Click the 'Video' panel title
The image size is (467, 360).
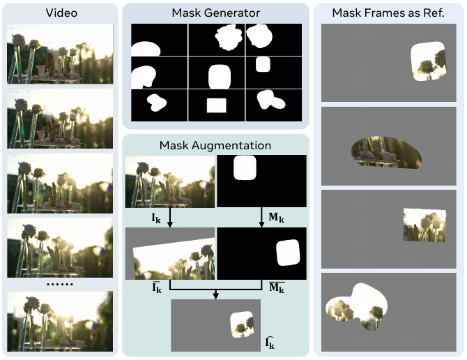pos(61,13)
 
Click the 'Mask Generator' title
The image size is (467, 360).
pos(215,13)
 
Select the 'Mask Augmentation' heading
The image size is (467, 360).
pos(215,145)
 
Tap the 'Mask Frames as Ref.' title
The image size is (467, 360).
pos(388,13)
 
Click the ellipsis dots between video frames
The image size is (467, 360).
pos(60,285)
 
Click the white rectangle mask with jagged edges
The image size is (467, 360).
pos(217,105)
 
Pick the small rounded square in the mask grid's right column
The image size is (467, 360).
pos(263,64)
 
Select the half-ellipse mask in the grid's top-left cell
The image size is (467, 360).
pos(146,49)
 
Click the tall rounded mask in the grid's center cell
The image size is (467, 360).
pos(220,77)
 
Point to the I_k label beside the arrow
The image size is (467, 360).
pos(156,218)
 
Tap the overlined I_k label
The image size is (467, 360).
pos(157,287)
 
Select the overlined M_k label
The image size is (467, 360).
pos(277,287)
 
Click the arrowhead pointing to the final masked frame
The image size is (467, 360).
pos(216,296)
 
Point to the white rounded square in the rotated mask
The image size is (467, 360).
pos(288,253)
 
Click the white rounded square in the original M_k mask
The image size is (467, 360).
pos(245,167)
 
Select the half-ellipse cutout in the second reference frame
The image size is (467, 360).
pos(386,153)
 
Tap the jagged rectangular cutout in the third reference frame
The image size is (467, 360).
pos(424,225)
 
